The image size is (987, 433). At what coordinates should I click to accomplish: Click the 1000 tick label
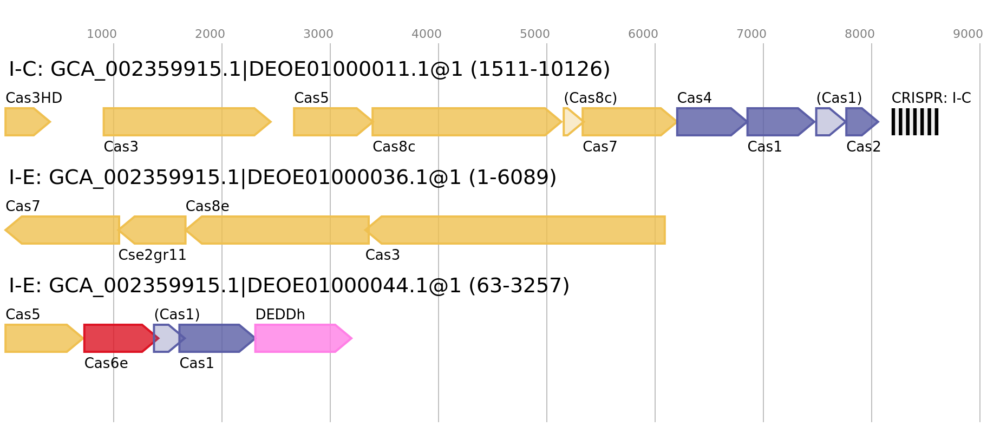click(x=102, y=34)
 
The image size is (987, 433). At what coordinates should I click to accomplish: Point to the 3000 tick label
click(x=318, y=34)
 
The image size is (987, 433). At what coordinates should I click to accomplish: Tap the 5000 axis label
click(x=535, y=34)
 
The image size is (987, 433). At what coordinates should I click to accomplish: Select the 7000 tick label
click(x=751, y=34)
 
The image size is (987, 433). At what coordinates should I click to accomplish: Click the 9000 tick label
click(x=968, y=34)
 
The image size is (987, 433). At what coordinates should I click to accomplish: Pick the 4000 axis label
click(x=427, y=34)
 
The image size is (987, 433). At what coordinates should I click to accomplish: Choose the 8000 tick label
click(x=860, y=34)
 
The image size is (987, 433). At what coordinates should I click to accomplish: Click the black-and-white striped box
click(x=915, y=122)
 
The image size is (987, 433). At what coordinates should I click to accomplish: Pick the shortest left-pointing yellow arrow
click(x=154, y=230)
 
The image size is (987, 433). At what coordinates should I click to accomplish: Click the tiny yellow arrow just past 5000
click(x=571, y=122)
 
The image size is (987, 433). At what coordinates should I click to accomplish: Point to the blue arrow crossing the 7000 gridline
click(x=779, y=122)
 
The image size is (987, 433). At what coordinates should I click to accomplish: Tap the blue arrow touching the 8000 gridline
click(x=861, y=122)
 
